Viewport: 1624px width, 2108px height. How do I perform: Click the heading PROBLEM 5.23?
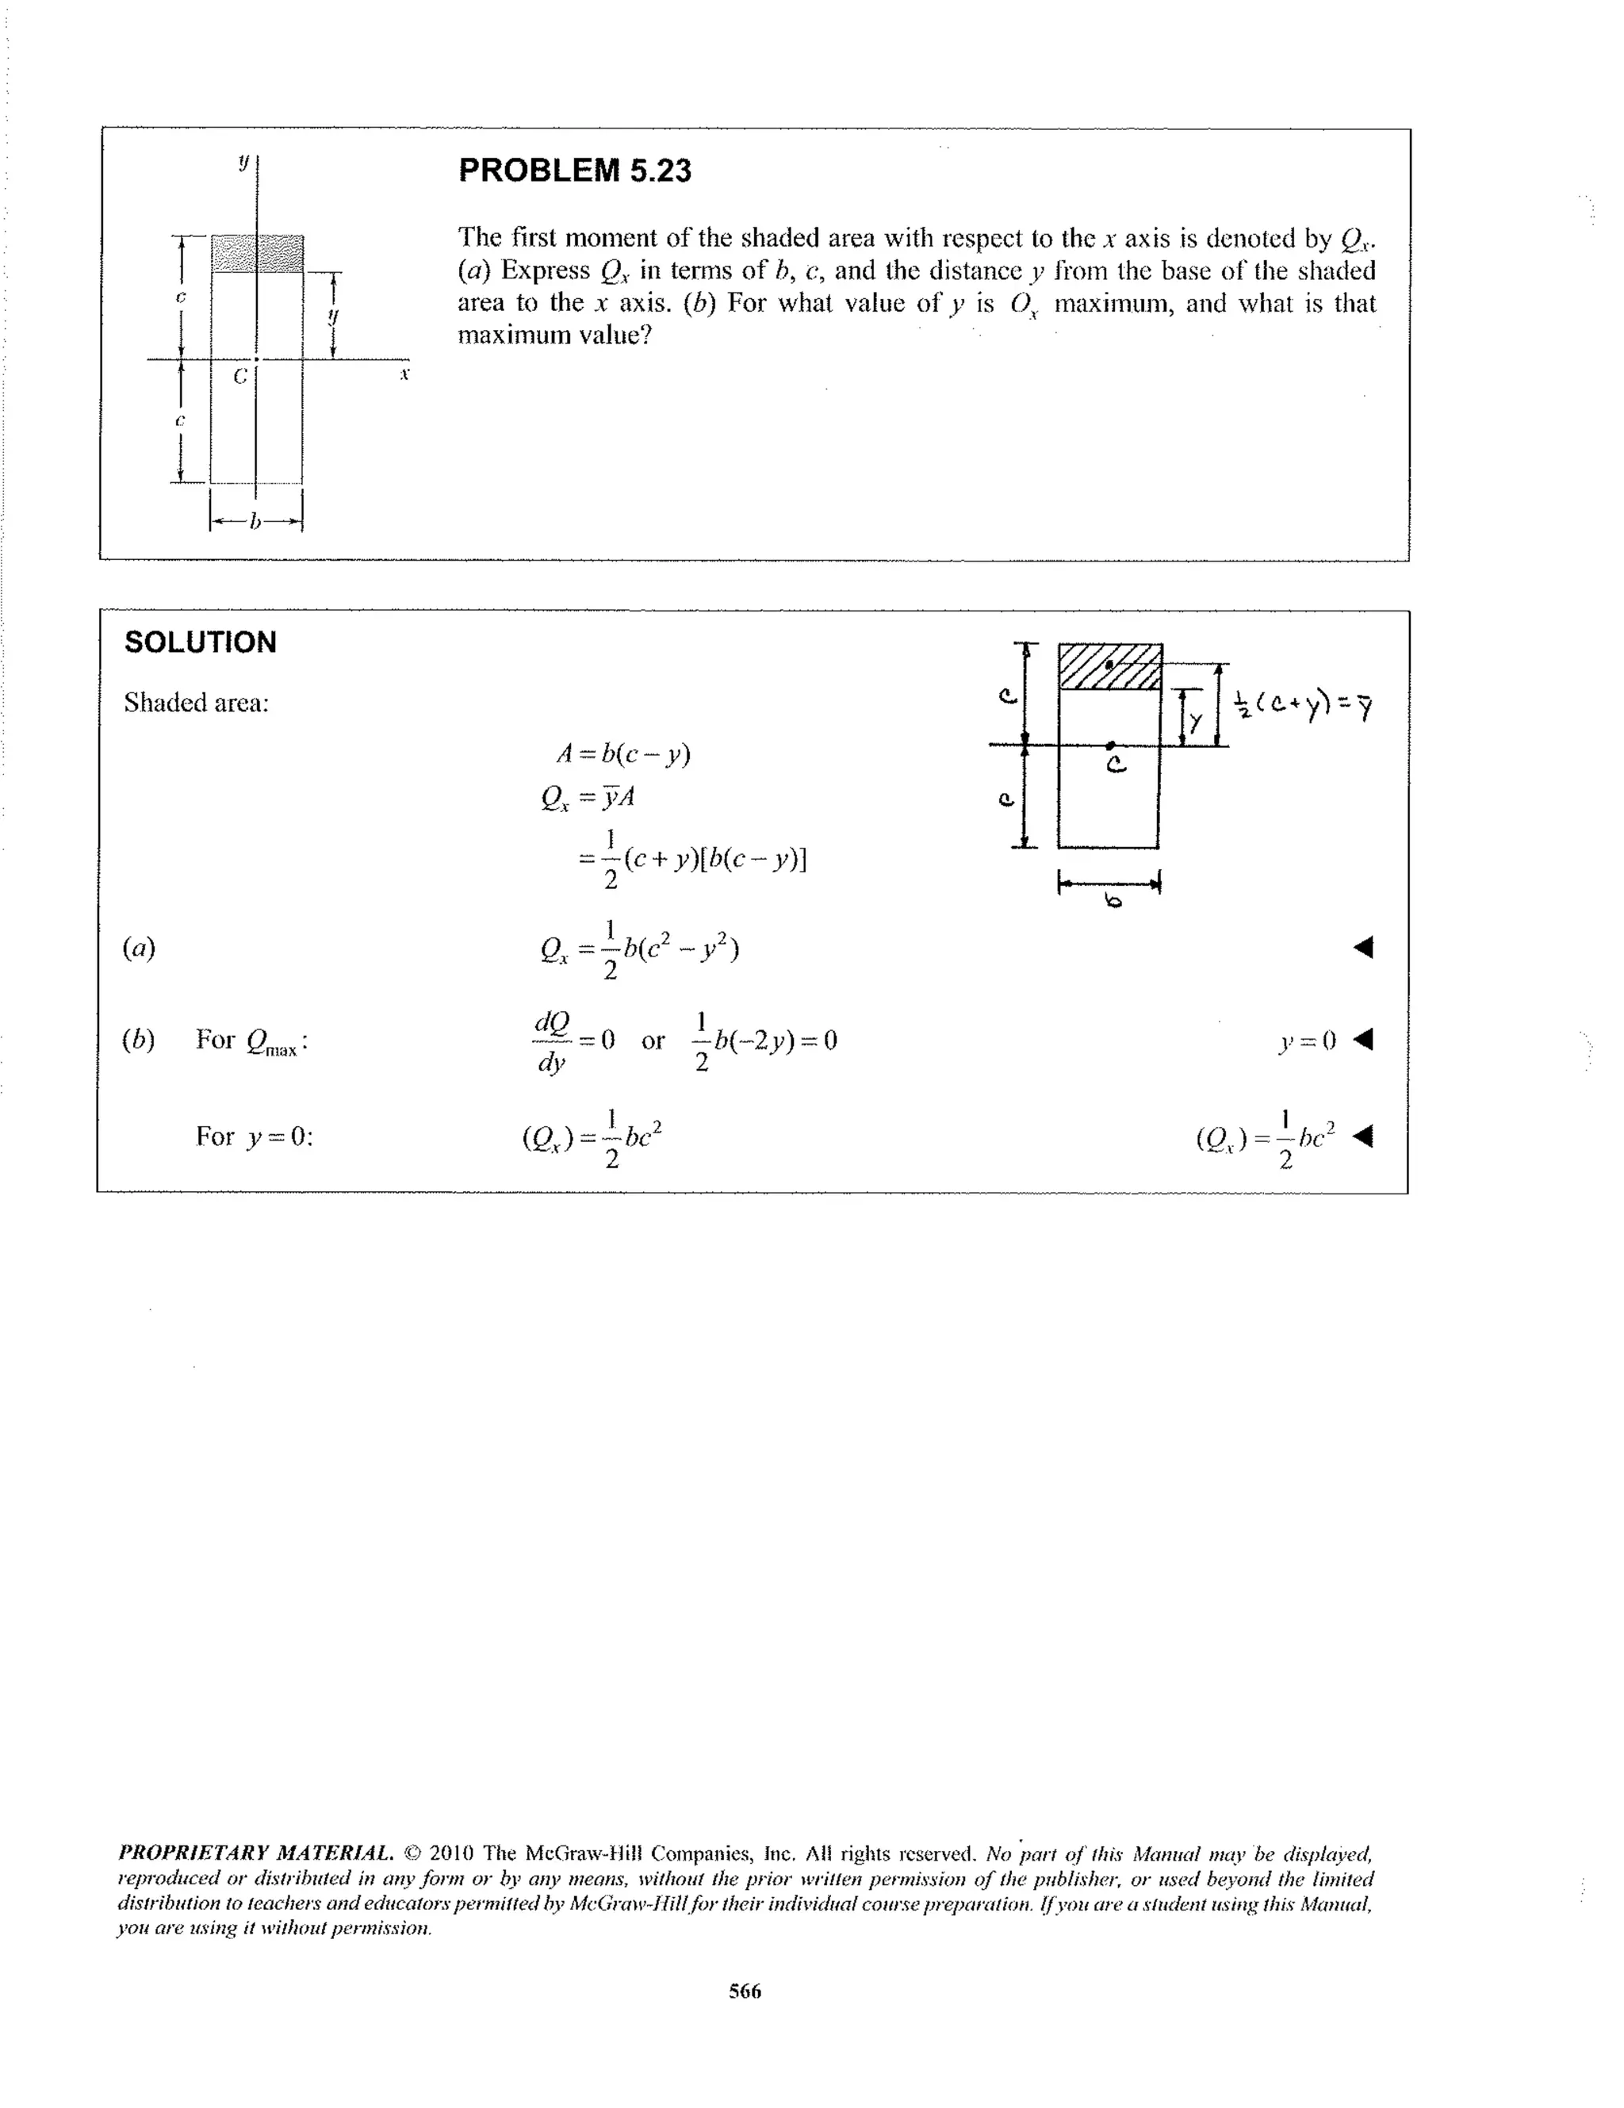[x=574, y=171]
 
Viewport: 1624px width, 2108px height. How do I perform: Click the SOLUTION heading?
[x=200, y=643]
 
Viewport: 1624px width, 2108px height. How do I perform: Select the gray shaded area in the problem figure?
[x=257, y=253]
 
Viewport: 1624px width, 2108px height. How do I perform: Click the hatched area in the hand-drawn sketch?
[x=1109, y=667]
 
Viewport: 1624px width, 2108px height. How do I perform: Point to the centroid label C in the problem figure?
[x=239, y=377]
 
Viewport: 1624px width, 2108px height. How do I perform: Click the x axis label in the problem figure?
[x=405, y=374]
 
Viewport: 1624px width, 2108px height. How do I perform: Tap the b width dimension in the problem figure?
[x=255, y=522]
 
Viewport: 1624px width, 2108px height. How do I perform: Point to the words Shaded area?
[x=196, y=703]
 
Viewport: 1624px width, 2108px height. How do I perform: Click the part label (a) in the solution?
[x=139, y=949]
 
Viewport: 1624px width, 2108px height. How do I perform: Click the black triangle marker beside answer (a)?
[x=1362, y=948]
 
